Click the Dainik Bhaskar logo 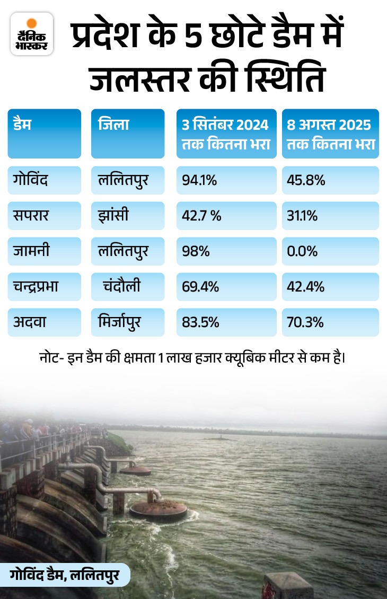tap(32, 34)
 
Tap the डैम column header tap(44, 133)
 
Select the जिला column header tap(128, 133)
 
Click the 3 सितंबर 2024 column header tap(226, 133)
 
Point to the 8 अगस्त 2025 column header tap(330, 133)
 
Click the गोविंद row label tap(44, 180)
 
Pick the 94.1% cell tap(226, 180)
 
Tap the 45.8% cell tap(330, 180)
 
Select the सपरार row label tap(44, 215)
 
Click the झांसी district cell tap(128, 215)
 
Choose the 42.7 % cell tap(226, 215)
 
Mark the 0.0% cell tap(330, 251)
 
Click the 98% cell tap(226, 251)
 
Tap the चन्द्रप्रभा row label tap(44, 287)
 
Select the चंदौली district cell tap(128, 287)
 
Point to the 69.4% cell tap(226, 287)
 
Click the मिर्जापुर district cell tap(128, 322)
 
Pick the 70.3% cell tap(330, 322)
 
